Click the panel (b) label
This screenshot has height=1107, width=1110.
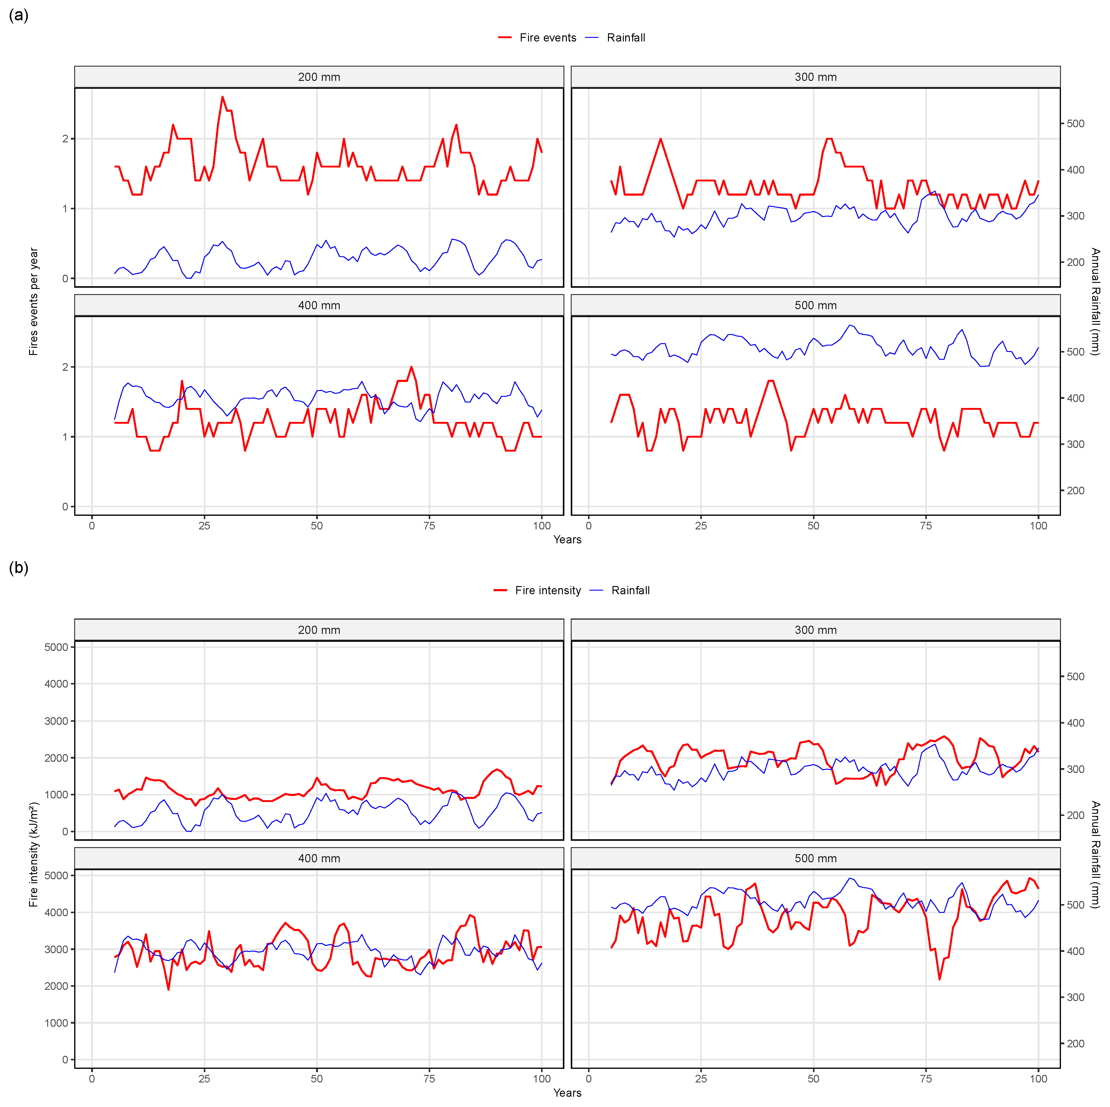[x=18, y=568]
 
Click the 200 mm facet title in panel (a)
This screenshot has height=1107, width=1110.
[x=319, y=77]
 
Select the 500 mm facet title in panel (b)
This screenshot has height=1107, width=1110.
[x=815, y=858]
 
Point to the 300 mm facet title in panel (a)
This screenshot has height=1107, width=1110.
[x=815, y=77]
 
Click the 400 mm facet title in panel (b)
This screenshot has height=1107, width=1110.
[x=319, y=858]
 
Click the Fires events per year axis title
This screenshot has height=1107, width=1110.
[x=33, y=302]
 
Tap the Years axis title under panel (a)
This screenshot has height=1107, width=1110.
[x=567, y=540]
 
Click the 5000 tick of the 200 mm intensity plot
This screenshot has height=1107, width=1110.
[x=56, y=647]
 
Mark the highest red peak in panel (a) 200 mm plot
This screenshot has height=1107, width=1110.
[x=222, y=97]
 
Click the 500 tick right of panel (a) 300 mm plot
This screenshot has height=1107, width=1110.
[x=1075, y=124]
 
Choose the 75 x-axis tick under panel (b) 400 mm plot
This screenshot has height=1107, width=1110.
[x=429, y=1079]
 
